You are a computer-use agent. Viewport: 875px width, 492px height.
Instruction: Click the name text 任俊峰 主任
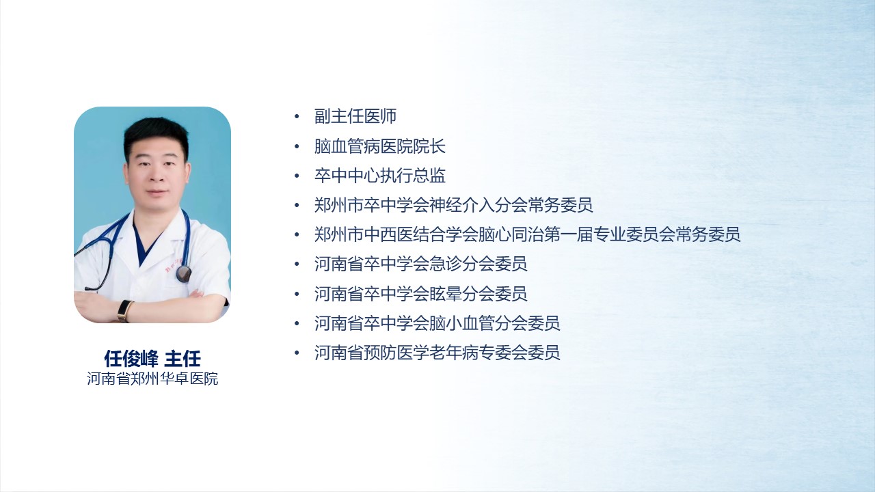coord(152,359)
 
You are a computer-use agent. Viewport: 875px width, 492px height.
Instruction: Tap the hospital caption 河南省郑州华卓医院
coord(152,379)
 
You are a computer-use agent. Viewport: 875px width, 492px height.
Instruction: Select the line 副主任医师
coord(355,116)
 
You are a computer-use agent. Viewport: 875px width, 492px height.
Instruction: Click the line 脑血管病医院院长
coord(380,146)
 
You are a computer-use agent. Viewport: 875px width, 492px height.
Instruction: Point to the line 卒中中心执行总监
coord(380,176)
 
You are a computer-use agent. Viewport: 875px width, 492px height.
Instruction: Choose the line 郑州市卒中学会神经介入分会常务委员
coord(453,205)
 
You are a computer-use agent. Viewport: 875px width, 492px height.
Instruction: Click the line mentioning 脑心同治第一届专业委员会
coord(527,234)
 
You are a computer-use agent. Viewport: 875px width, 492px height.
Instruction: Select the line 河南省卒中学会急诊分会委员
coord(420,264)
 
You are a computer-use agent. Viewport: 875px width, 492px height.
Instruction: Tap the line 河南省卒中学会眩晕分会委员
coord(420,294)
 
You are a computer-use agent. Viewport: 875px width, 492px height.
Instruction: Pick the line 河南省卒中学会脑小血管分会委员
coord(437,323)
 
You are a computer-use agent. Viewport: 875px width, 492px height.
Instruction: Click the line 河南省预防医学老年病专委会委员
coord(437,353)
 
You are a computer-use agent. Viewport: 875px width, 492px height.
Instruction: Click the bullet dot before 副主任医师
coord(297,116)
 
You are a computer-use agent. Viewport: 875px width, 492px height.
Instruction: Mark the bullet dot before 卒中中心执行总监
coord(297,176)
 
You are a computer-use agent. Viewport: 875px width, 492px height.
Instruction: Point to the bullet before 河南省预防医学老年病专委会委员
coord(297,353)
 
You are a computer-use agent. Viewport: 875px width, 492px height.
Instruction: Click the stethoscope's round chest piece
coord(184,274)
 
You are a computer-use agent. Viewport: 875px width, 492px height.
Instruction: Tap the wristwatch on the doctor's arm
coord(124,311)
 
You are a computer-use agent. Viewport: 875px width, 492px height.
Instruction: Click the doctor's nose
coord(157,176)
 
